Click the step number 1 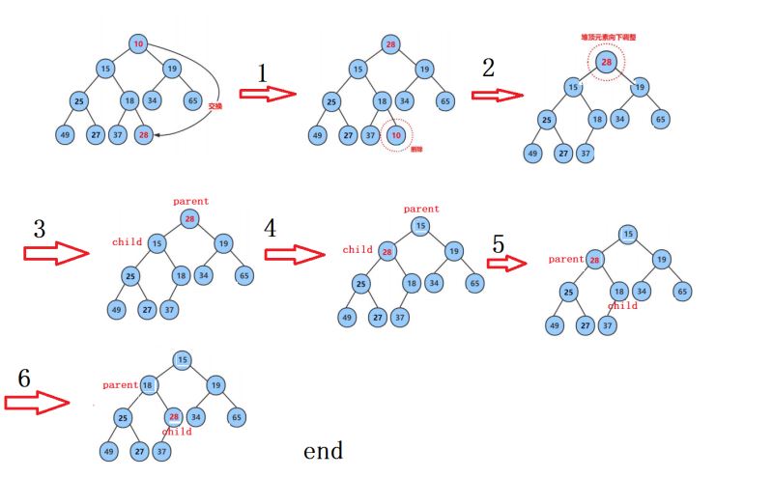(x=261, y=73)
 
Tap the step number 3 (x=40, y=230)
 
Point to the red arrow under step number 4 (x=294, y=253)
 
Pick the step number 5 (x=498, y=244)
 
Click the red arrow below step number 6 (x=40, y=403)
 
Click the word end (x=323, y=451)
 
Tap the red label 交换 (x=215, y=108)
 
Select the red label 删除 (x=416, y=150)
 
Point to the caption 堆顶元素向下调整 (x=606, y=37)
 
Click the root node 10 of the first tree (x=138, y=44)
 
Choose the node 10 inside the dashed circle (x=396, y=135)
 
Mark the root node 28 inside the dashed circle (x=607, y=63)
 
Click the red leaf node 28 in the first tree (x=143, y=135)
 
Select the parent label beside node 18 (x=121, y=384)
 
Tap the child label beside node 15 (x=127, y=241)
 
